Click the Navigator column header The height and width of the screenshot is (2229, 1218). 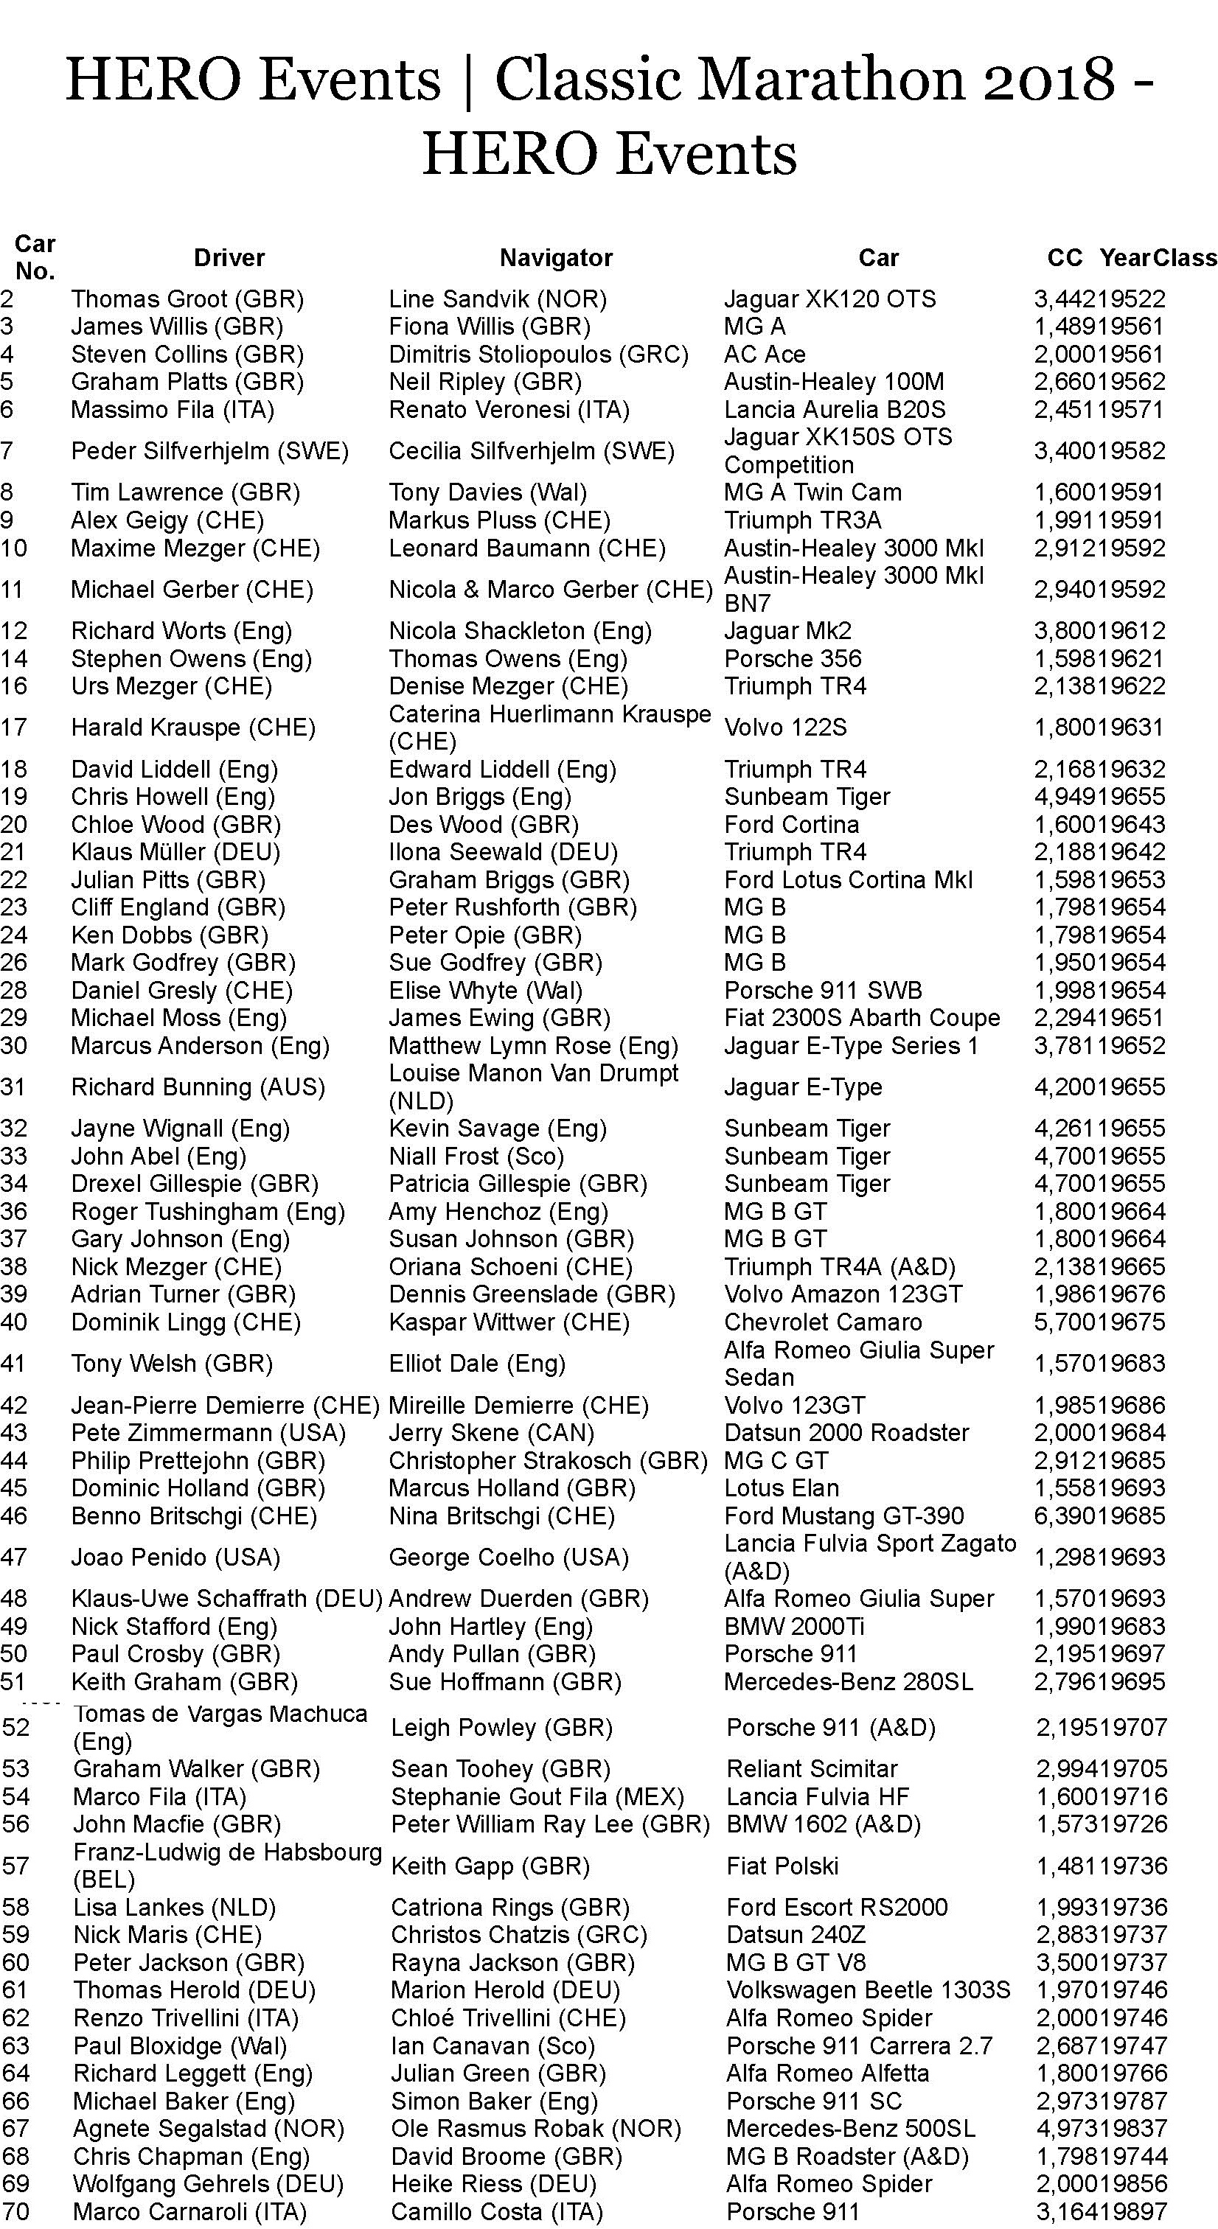[556, 257]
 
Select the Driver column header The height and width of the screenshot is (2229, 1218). [229, 257]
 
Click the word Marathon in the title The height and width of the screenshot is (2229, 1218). [829, 79]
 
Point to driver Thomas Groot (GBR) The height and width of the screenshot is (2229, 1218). [187, 299]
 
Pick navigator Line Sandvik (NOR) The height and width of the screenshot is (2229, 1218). [497, 299]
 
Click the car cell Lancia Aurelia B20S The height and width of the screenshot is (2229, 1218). [835, 409]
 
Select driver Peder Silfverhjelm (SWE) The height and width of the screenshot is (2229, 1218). [209, 451]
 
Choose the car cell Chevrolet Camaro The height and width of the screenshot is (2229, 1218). [822, 1322]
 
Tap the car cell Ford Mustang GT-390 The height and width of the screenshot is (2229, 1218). [843, 1516]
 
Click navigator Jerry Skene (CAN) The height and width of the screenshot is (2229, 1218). [491, 1433]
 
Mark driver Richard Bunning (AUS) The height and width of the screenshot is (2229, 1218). [198, 1086]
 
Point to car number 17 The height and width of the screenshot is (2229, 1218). [14, 727]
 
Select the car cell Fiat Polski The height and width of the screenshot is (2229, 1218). [782, 1866]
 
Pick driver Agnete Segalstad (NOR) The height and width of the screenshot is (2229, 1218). [209, 2128]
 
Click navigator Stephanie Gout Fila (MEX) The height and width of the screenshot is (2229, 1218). [537, 1796]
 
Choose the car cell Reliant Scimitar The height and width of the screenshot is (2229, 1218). [812, 1768]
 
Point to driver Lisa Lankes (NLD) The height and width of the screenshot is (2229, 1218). [174, 1907]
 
